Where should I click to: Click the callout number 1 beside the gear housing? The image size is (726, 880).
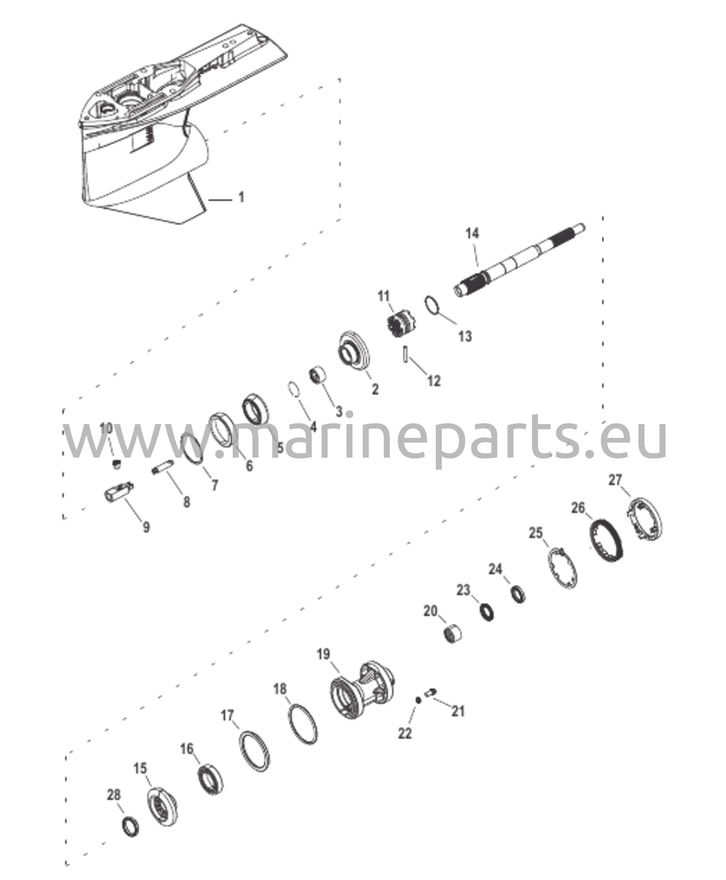[241, 198]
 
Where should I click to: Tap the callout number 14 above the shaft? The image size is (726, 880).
[472, 234]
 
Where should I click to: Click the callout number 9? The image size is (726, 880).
[146, 527]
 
